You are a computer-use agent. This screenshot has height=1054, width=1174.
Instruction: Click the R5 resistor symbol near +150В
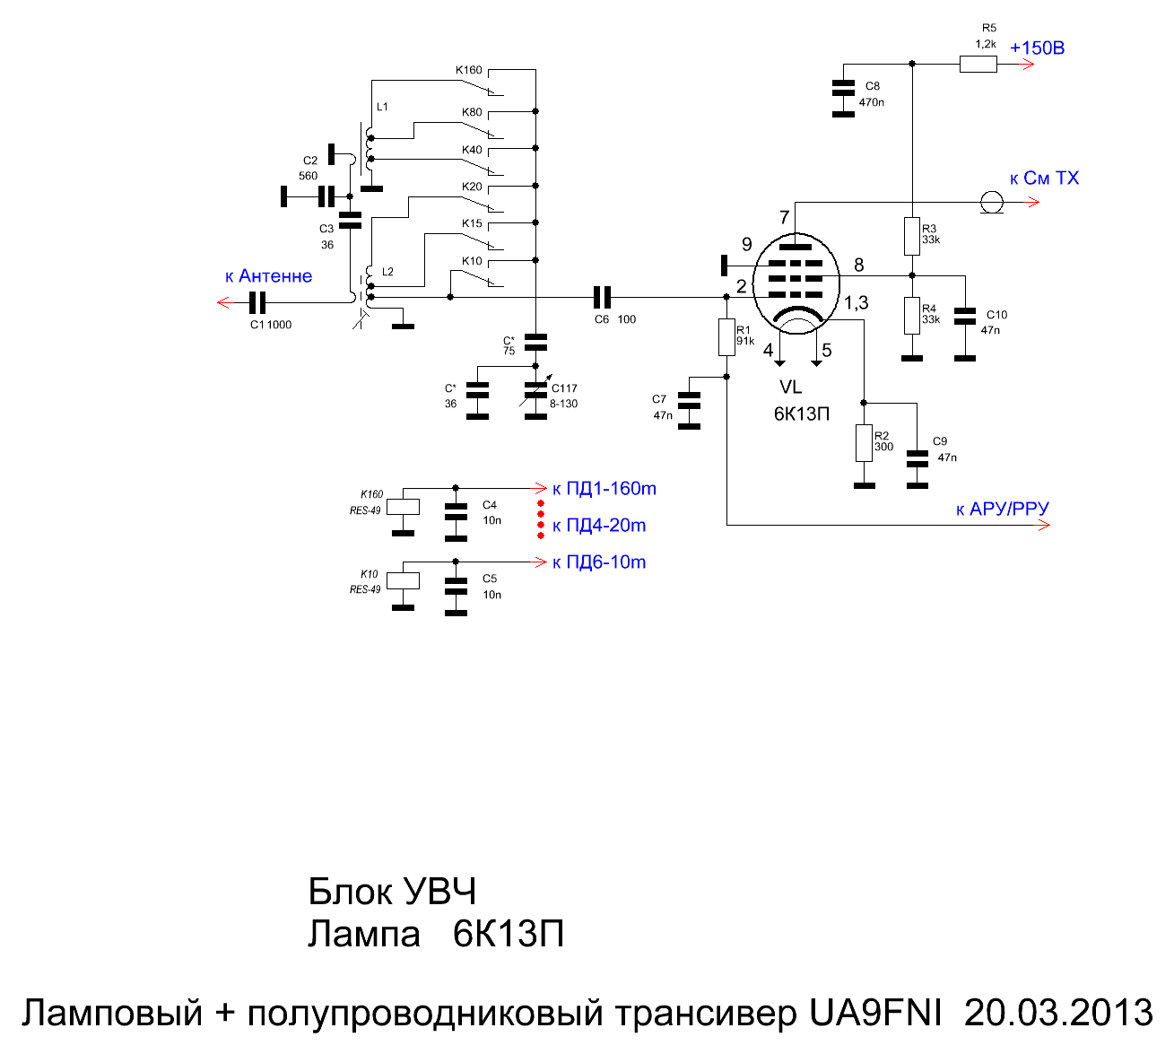(x=978, y=64)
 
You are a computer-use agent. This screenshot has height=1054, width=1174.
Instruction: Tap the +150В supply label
(x=1037, y=48)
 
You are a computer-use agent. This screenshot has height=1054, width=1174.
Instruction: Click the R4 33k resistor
(x=911, y=315)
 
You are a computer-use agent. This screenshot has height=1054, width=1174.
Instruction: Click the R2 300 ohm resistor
(x=864, y=442)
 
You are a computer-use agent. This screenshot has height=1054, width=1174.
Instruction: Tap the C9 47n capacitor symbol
(x=917, y=457)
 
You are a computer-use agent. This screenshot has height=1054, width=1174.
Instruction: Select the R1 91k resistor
(x=726, y=336)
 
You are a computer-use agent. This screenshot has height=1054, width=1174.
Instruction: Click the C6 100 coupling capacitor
(x=602, y=297)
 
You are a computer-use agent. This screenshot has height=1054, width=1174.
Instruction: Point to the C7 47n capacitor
(x=689, y=408)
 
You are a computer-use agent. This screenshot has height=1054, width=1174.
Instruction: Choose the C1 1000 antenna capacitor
(x=257, y=303)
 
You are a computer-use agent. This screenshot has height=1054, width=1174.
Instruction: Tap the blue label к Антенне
(x=268, y=276)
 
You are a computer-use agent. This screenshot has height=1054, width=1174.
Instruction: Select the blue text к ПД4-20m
(x=599, y=526)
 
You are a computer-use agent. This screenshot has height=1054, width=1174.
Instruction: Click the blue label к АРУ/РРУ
(x=1002, y=510)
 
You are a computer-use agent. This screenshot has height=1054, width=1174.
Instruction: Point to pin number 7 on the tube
(x=785, y=217)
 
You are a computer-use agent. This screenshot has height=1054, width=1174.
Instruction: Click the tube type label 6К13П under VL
(x=802, y=414)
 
